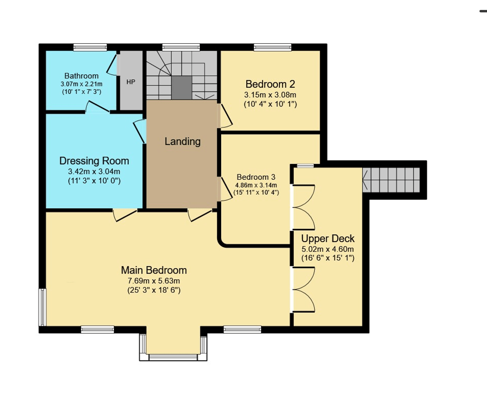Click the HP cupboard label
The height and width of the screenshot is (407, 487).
(x=131, y=82)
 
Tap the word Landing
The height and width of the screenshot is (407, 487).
(x=183, y=142)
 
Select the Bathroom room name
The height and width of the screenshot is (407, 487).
(x=81, y=76)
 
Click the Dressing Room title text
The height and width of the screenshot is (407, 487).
(x=94, y=161)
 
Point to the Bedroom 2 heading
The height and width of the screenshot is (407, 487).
(x=270, y=84)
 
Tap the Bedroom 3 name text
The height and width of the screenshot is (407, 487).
(x=256, y=177)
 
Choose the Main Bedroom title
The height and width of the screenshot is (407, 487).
(x=154, y=270)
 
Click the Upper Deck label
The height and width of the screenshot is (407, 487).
(x=328, y=238)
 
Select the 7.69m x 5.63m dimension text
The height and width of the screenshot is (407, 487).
(x=154, y=281)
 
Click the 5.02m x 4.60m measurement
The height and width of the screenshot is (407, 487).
(x=328, y=249)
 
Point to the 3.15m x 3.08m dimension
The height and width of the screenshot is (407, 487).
(x=270, y=95)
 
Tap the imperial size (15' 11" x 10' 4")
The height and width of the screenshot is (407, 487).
(x=256, y=192)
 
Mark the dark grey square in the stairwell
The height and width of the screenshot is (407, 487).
(x=181, y=88)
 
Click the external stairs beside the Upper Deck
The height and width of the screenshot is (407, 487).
(x=391, y=180)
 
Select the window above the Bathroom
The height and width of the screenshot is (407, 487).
(x=90, y=47)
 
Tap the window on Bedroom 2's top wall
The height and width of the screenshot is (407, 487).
(x=272, y=47)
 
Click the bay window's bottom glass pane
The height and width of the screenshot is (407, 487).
(x=173, y=357)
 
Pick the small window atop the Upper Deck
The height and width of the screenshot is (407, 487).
(x=305, y=166)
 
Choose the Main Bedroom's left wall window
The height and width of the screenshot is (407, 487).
(x=42, y=308)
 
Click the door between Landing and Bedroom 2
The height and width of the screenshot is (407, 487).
(x=225, y=116)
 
